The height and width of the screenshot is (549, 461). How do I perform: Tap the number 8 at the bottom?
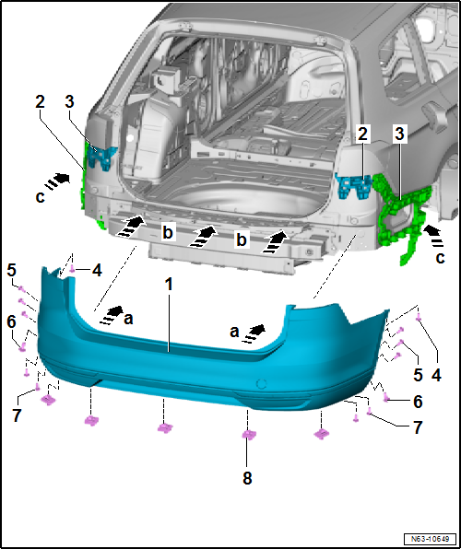click(247, 477)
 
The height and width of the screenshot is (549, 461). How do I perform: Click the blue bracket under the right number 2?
click(354, 185)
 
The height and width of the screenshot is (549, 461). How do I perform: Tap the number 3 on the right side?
click(399, 134)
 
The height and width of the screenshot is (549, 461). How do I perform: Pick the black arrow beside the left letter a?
click(109, 314)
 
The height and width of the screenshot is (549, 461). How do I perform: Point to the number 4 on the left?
click(95, 271)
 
